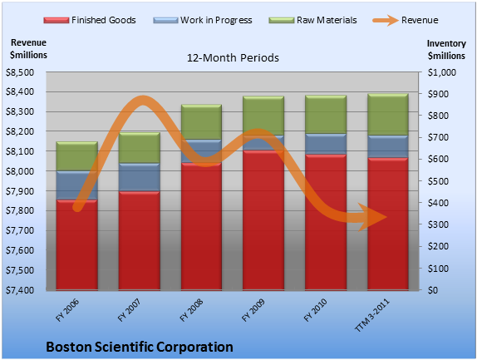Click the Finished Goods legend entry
pyautogui.click(x=90, y=20)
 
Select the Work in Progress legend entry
pyautogui.click(x=203, y=20)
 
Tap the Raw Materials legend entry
pyautogui.click(x=312, y=20)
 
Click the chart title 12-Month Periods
pyautogui.click(x=233, y=58)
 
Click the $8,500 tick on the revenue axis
pyautogui.click(x=20, y=72)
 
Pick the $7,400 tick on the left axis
pyautogui.click(x=20, y=290)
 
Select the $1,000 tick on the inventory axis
pyautogui.click(x=442, y=72)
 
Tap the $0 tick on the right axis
pyautogui.click(x=433, y=290)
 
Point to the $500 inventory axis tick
pyautogui.click(x=438, y=181)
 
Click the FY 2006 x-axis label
pyautogui.click(x=67, y=310)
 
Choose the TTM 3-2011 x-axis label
pyautogui.click(x=372, y=315)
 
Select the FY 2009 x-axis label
pyautogui.click(x=253, y=310)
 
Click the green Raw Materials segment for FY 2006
pyautogui.click(x=77, y=156)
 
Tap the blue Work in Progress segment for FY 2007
pyautogui.click(x=140, y=177)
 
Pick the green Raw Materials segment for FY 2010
pyautogui.click(x=326, y=115)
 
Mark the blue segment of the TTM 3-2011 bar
pyautogui.click(x=388, y=146)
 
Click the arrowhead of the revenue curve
pyautogui.click(x=372, y=217)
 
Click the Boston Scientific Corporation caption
pyautogui.click(x=140, y=347)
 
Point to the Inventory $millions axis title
pyautogui.click(x=446, y=50)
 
